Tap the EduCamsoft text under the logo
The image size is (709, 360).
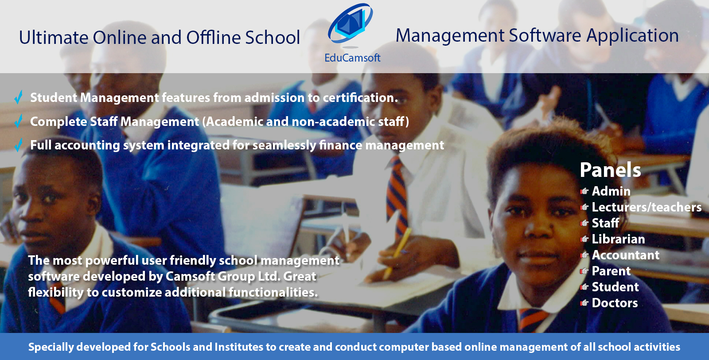point(352,58)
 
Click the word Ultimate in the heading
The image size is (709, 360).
point(54,37)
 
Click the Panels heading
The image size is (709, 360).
point(610,170)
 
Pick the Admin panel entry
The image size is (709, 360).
point(611,191)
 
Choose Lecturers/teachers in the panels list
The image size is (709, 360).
point(647,207)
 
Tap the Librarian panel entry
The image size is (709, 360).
point(618,239)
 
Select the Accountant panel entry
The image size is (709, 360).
point(625,255)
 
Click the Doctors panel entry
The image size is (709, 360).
point(615,303)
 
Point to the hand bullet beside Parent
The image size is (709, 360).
point(584,271)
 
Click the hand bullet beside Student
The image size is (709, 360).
point(584,287)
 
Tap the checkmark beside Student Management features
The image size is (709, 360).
point(19,97)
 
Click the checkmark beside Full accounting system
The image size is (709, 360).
point(19,145)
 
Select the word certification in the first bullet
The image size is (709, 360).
point(360,98)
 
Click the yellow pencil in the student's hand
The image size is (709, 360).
point(397,253)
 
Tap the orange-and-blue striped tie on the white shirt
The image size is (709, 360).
point(397,193)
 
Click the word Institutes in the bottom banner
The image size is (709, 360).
point(239,347)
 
